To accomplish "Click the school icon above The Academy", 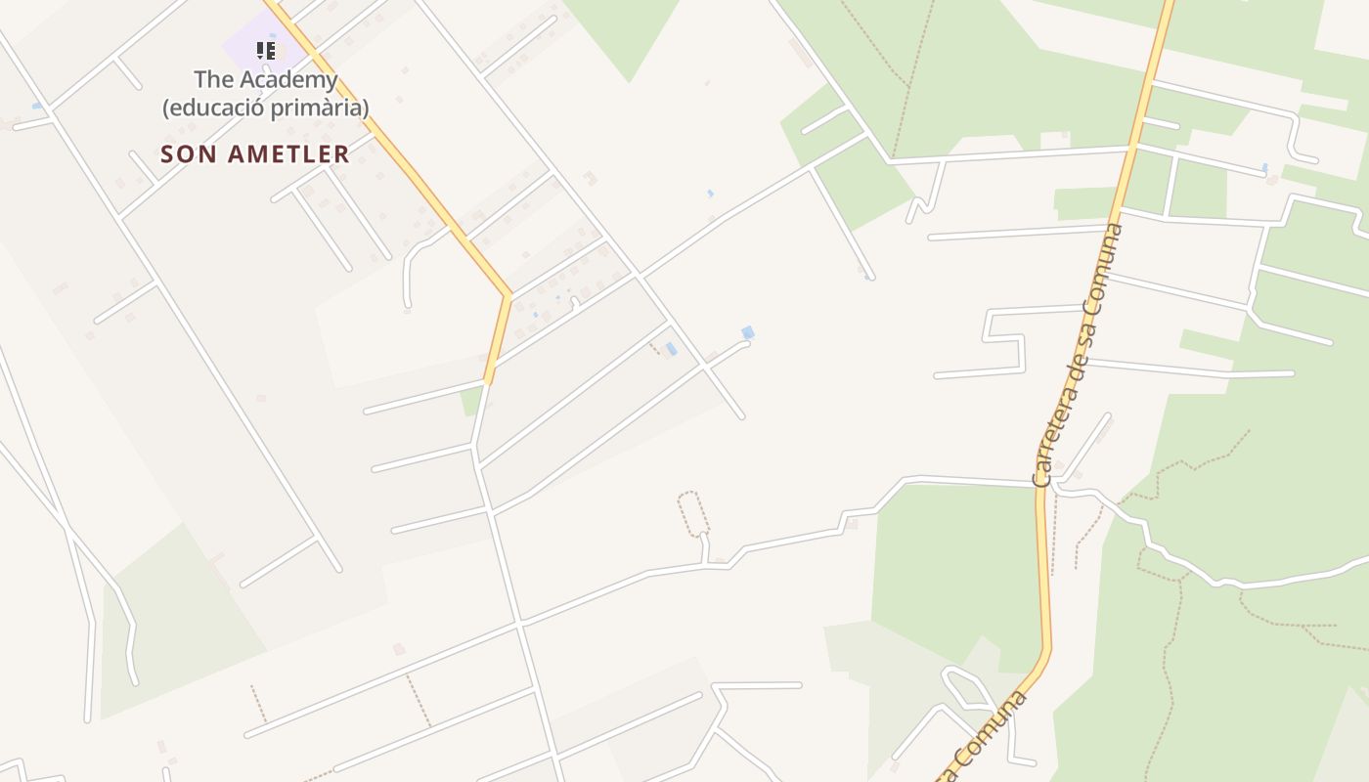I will click(265, 50).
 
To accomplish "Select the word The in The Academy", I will click(210, 80).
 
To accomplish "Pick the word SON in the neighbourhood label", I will click(182, 154).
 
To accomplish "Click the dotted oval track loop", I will click(693, 513).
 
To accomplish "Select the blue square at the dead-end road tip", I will click(748, 333).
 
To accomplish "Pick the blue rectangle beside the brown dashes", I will click(671, 348).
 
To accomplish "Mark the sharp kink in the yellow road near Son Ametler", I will click(508, 293).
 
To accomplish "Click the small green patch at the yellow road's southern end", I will click(472, 400).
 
